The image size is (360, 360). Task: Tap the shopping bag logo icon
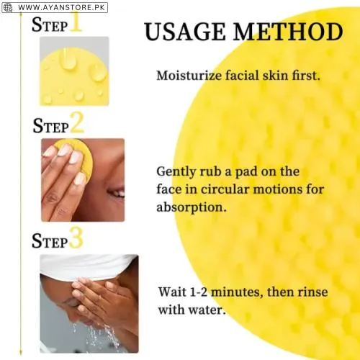(x=8, y=7)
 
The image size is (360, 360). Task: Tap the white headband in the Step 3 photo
(x=86, y=266)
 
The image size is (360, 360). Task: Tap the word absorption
(x=191, y=207)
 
